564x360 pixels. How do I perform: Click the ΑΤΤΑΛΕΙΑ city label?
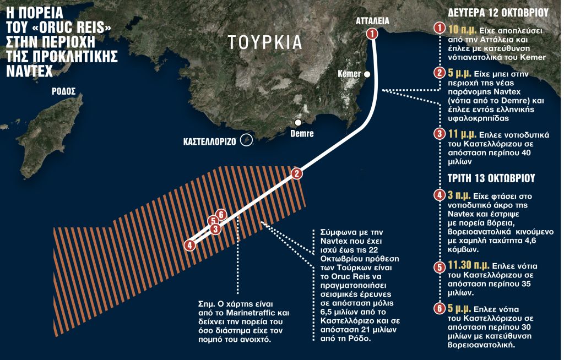372,21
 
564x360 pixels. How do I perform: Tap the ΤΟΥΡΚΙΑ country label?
265,42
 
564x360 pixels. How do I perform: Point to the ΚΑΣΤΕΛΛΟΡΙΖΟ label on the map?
210,141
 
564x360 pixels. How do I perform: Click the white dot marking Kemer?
367,74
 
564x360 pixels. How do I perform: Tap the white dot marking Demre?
298,122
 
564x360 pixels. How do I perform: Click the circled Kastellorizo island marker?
247,141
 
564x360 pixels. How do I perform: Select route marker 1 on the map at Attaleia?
372,34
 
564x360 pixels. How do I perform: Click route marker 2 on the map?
296,174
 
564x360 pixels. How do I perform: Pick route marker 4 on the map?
190,246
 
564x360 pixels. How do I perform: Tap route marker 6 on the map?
220,215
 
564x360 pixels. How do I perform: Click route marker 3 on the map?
216,228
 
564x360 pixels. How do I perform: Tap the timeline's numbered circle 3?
439,134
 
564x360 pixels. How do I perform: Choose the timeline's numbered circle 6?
439,309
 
